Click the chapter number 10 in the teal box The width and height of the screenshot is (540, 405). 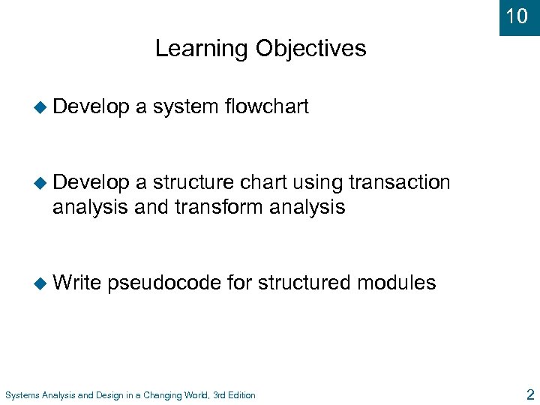517,16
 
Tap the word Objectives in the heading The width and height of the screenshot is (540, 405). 310,49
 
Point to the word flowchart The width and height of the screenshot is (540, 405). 266,107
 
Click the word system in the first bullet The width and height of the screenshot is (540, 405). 185,107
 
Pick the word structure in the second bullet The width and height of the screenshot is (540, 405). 194,182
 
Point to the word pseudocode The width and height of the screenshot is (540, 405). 164,283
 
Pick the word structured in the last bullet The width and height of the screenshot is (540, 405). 305,283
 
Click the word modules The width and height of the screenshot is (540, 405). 397,283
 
